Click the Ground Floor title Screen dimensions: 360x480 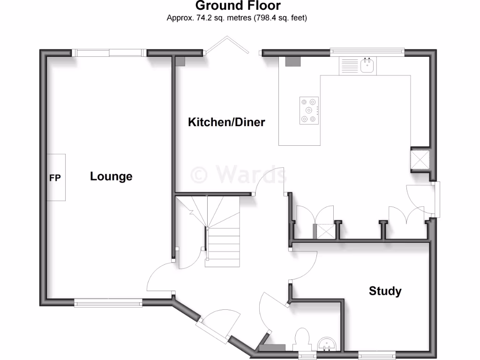tap(238, 6)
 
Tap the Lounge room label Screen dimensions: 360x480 tap(111, 177)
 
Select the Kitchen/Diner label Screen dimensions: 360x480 tap(226, 122)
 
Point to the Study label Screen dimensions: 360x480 tap(385, 291)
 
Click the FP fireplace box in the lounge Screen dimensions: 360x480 tap(56, 178)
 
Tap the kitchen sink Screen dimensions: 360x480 tap(367, 66)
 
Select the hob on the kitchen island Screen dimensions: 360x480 tap(309, 111)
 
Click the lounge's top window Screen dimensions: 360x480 tap(110, 53)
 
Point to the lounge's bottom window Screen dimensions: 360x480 tap(108, 303)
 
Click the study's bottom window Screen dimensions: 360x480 tap(377, 353)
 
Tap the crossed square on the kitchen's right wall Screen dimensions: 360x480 tap(420, 159)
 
